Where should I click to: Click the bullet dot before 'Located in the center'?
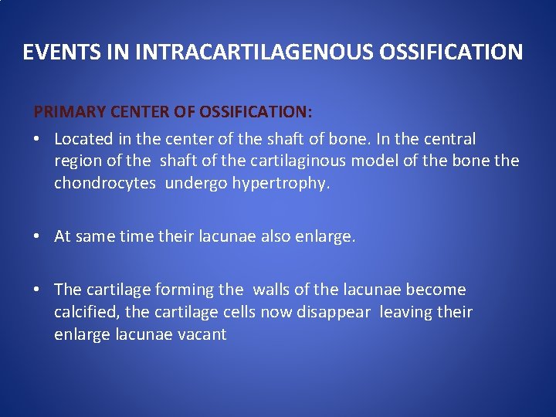coord(38,140)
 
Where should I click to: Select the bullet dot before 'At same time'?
coord(38,237)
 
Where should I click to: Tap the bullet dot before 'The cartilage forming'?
coord(38,290)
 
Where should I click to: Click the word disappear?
coord(337,312)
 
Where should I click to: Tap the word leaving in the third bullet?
coord(409,312)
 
